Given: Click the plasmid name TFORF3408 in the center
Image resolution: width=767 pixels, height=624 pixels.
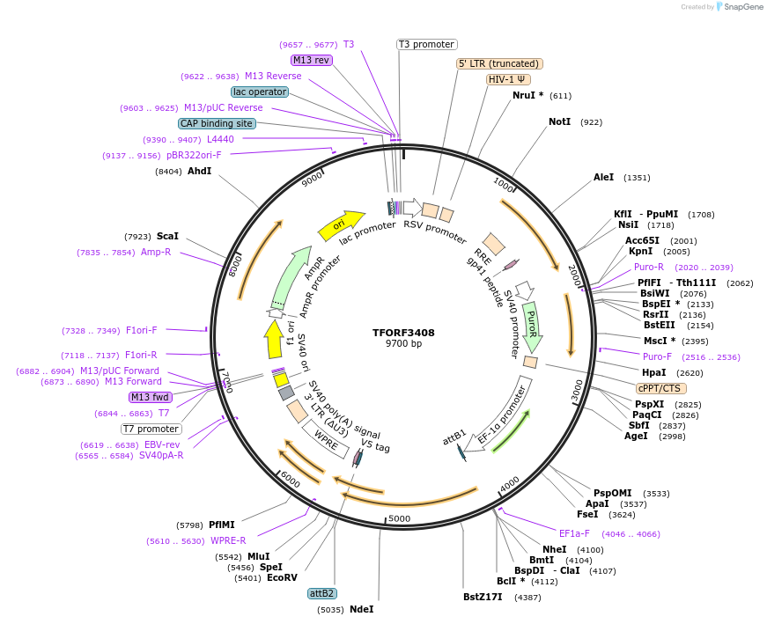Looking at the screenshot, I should pyautogui.click(x=403, y=333).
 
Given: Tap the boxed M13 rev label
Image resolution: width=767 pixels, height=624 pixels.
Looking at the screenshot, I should pyautogui.click(x=311, y=60).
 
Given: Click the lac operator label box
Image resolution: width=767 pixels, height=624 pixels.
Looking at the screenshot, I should pyautogui.click(x=260, y=92).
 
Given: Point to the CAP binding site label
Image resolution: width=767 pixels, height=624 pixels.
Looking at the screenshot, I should pyautogui.click(x=217, y=124).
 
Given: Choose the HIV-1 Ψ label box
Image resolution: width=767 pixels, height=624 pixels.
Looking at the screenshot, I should pyautogui.click(x=509, y=79).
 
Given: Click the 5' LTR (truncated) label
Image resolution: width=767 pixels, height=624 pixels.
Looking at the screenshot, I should pyautogui.click(x=499, y=63).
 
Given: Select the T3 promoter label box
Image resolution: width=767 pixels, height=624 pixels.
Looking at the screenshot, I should pyautogui.click(x=426, y=44).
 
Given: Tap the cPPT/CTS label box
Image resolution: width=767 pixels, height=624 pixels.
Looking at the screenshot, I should pyautogui.click(x=660, y=388).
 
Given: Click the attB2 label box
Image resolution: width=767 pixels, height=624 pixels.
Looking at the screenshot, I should pyautogui.click(x=321, y=593).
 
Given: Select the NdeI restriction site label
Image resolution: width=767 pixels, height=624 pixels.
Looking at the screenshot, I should pyautogui.click(x=361, y=609).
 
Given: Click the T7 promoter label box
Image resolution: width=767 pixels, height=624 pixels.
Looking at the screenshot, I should pyautogui.click(x=151, y=429).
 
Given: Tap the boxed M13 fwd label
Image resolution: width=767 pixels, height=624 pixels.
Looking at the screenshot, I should pyautogui.click(x=151, y=397).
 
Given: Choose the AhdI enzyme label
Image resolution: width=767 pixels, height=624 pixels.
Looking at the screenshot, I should pyautogui.click(x=199, y=171).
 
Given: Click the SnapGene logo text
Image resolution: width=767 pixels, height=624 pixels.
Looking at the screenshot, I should pyautogui.click(x=741, y=7).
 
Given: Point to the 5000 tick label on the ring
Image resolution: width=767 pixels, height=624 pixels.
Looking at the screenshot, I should pyautogui.click(x=399, y=519).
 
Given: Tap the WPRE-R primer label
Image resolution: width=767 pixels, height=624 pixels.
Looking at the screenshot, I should pyautogui.click(x=228, y=540).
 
